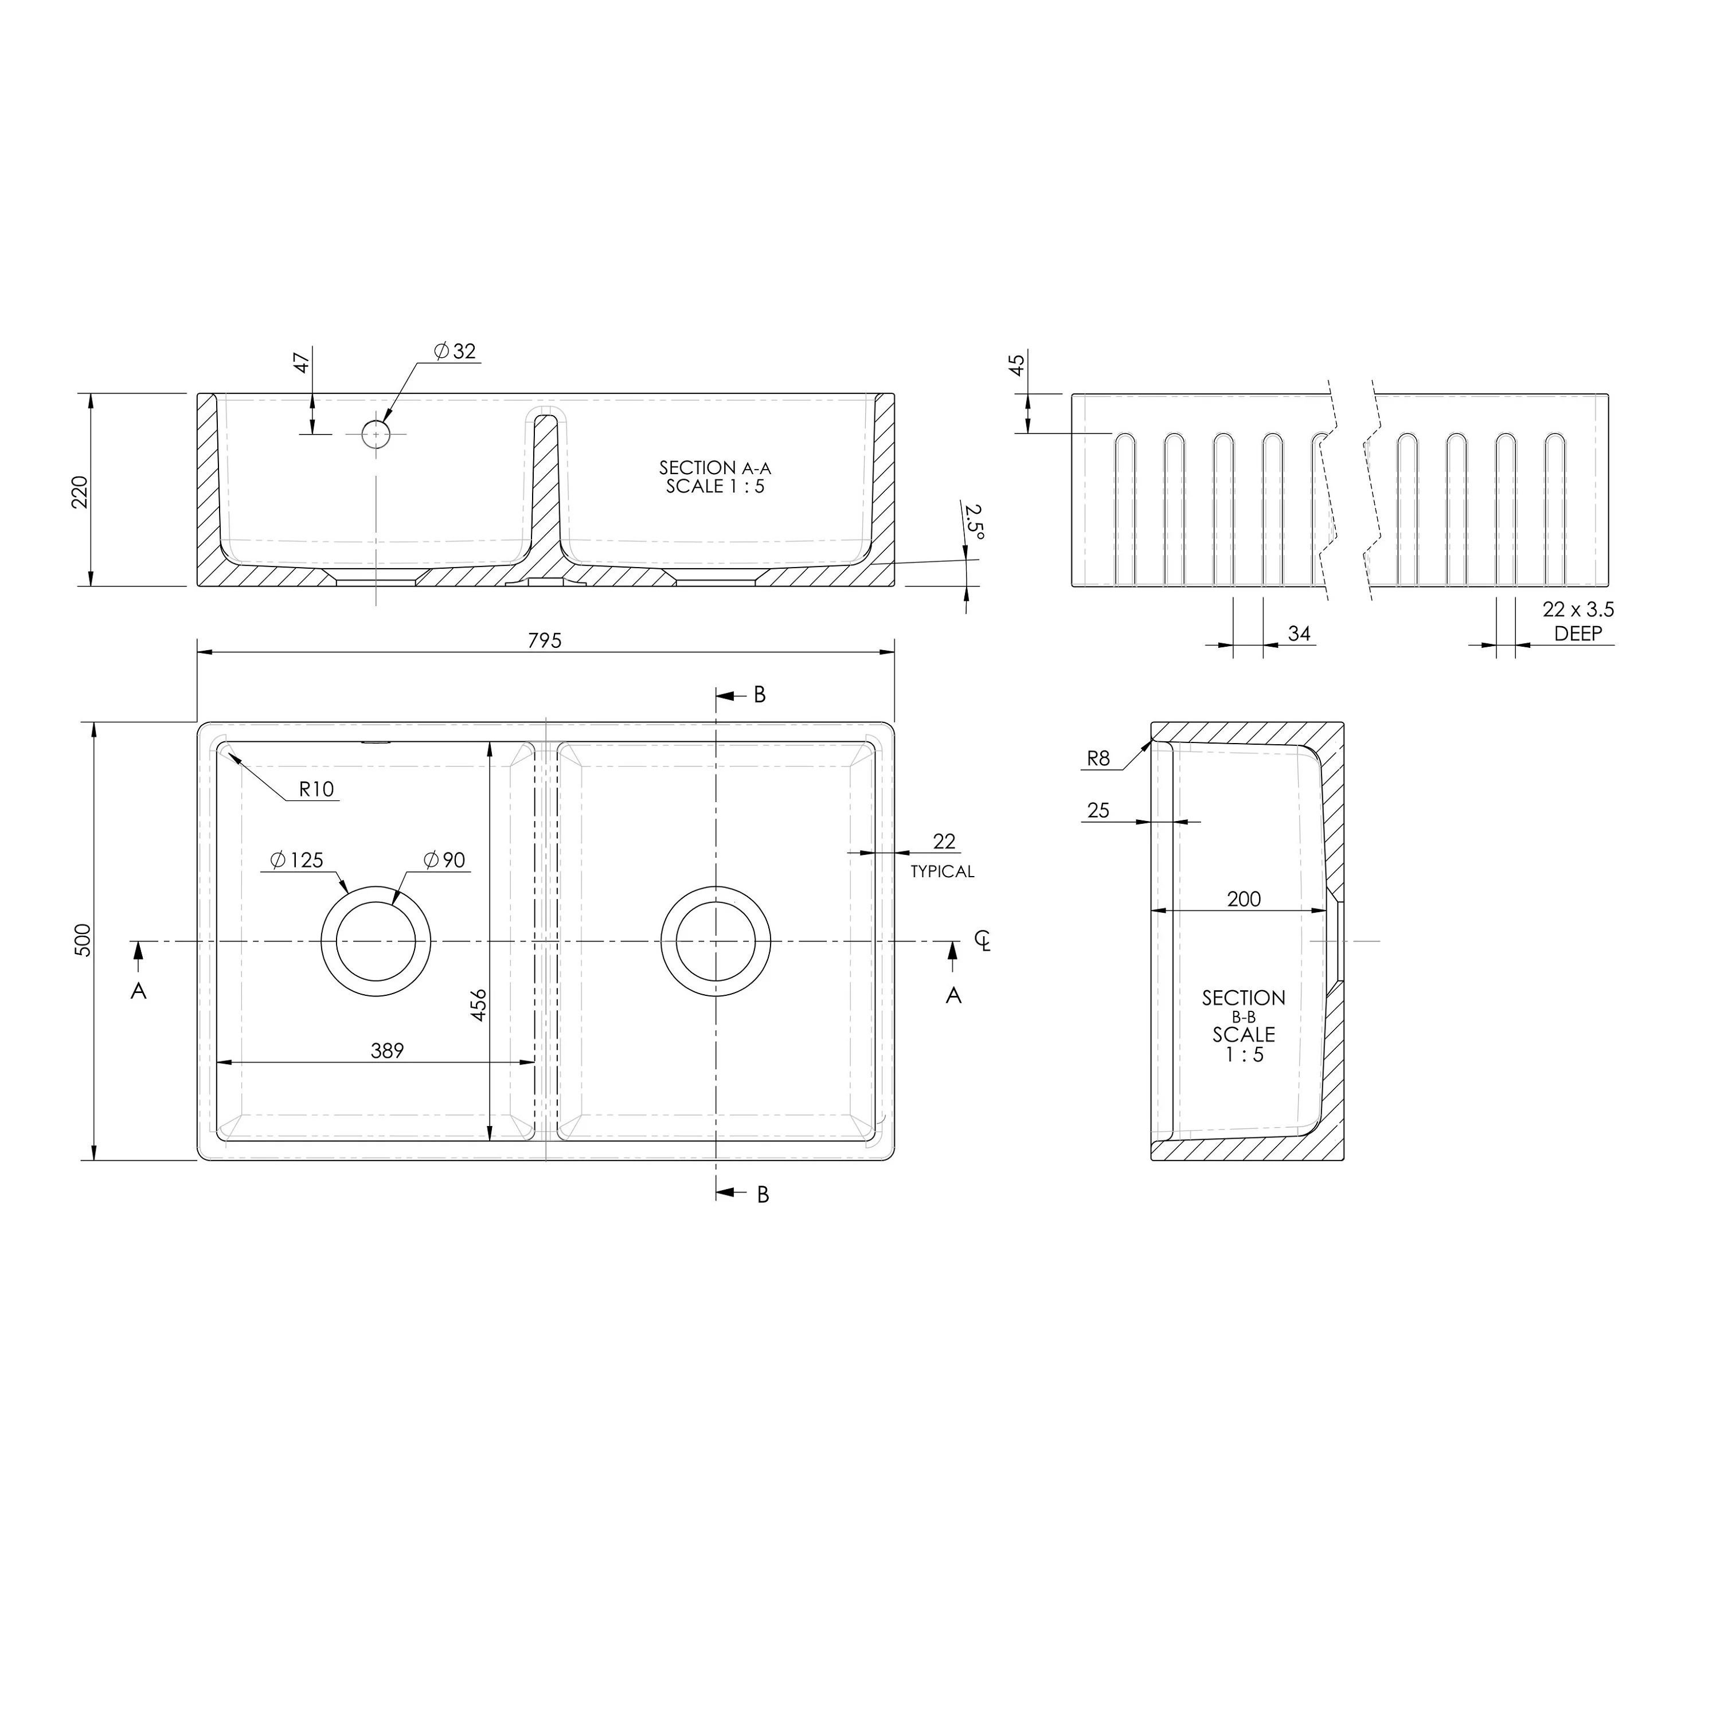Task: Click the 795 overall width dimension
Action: tap(544, 640)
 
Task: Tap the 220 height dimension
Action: tap(80, 491)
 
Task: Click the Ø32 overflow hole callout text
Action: tap(456, 351)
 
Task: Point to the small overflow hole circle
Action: tap(376, 433)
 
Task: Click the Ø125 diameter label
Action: tap(296, 860)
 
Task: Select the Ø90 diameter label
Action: tap(444, 860)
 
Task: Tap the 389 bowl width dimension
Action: tap(387, 1050)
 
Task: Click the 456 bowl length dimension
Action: tap(479, 1004)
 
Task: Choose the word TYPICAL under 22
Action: tap(942, 871)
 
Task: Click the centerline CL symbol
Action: tap(982, 940)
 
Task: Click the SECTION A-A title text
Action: tap(715, 467)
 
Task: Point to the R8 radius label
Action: tap(1099, 759)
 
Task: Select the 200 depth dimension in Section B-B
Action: tap(1244, 899)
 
